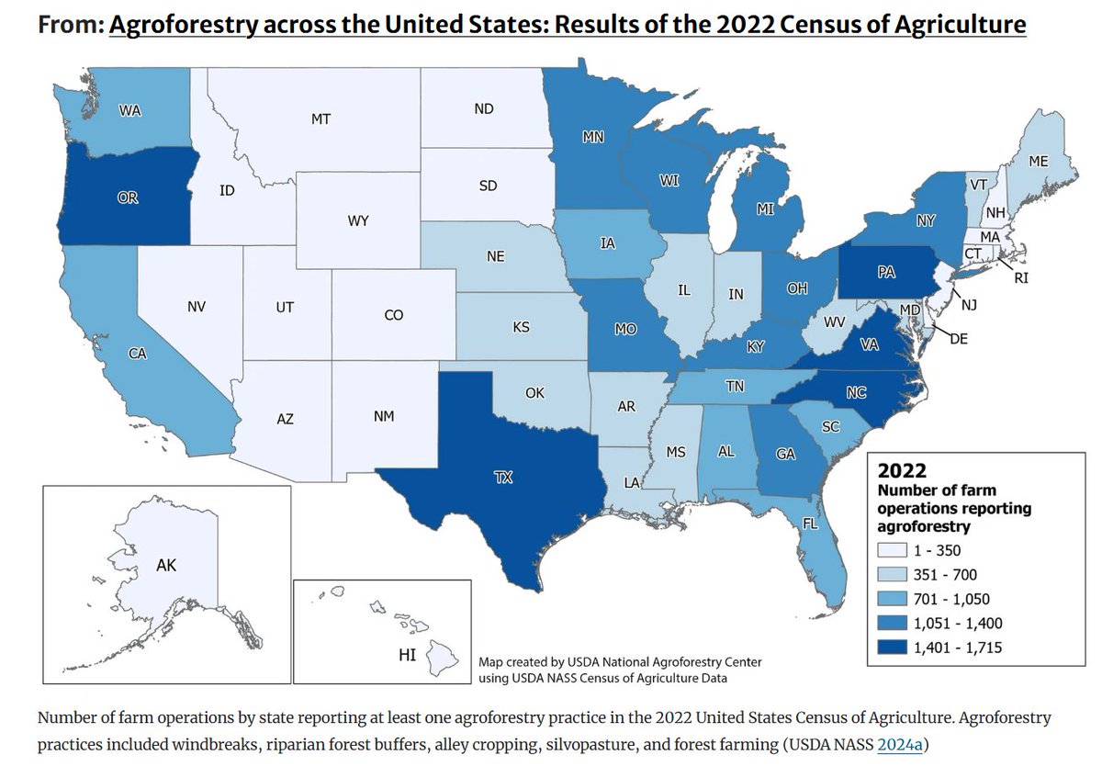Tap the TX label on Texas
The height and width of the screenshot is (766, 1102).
coord(503,478)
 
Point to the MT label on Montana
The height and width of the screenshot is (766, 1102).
coord(320,119)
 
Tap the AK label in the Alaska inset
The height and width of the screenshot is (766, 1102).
coord(166,566)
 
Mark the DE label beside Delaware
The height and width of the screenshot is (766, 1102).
coord(959,339)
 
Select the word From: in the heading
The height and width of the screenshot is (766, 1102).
coord(70,25)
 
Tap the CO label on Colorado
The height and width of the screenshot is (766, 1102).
coord(393,315)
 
